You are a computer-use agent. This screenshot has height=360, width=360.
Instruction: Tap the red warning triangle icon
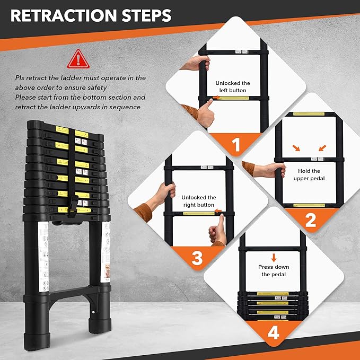(x=78, y=59)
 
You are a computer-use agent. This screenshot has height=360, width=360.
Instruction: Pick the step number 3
(x=197, y=258)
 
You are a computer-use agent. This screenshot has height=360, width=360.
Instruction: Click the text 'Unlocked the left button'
(x=232, y=87)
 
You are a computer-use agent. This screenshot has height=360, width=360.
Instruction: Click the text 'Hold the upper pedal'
(x=309, y=174)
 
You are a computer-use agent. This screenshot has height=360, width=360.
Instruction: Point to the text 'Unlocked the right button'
(x=198, y=201)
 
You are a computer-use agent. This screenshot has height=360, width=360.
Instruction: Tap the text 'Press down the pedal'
(x=273, y=270)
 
